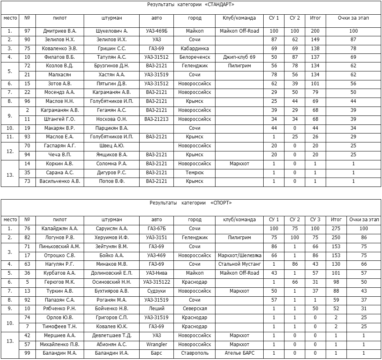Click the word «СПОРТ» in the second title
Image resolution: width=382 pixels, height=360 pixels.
[221, 202]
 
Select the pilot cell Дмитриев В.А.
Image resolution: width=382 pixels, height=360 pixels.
[60, 31]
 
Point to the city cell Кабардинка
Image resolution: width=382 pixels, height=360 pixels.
[194, 49]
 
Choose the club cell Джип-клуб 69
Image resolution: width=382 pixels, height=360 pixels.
[239, 57]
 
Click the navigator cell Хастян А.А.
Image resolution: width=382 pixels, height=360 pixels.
[111, 75]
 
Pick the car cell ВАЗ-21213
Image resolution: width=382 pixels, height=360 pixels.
[156, 119]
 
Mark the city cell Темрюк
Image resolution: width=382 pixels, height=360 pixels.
[194, 173]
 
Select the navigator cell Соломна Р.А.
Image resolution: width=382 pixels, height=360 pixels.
[111, 164]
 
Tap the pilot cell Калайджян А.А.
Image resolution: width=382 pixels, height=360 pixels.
[60, 229]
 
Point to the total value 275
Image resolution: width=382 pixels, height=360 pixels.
[336, 229]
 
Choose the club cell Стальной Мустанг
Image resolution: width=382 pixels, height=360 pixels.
[239, 264]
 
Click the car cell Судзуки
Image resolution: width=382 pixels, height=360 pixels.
[156, 291]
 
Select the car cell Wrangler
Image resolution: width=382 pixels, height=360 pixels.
[156, 344]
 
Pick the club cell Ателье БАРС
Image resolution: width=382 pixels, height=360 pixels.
[239, 353]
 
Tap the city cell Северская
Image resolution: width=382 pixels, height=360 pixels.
[194, 309]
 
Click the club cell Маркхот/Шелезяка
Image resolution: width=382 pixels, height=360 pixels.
[239, 256]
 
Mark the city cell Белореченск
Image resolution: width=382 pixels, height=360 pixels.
[194, 57]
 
